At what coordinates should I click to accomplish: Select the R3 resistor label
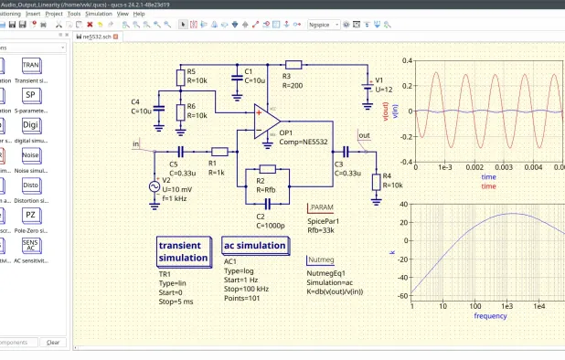287,76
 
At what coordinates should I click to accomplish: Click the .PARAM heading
323,208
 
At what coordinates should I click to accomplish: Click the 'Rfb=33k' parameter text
324,230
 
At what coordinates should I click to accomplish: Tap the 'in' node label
136,143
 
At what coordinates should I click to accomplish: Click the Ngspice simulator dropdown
326,25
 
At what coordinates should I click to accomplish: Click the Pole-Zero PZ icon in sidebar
30,215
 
